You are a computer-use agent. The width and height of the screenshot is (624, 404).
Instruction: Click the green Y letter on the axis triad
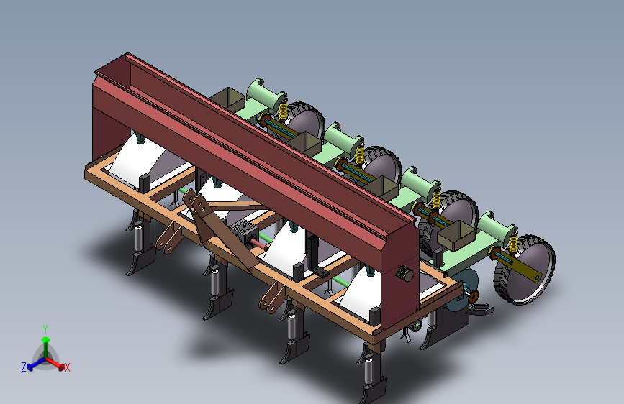tap(45, 329)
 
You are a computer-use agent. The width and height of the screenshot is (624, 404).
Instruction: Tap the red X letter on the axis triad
tap(67, 367)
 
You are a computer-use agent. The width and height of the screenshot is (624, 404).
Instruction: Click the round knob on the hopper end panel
tap(404, 274)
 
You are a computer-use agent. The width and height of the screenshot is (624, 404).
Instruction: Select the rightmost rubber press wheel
tap(524, 270)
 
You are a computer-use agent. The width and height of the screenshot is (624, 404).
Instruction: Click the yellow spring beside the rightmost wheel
tap(512, 243)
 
